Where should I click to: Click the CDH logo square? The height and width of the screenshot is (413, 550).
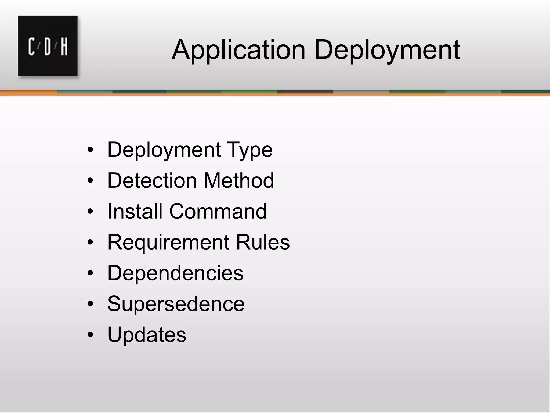(48, 46)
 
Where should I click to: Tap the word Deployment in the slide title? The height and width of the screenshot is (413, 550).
(387, 50)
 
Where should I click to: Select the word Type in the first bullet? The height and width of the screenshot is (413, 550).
(250, 150)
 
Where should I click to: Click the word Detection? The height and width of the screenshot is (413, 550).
(152, 180)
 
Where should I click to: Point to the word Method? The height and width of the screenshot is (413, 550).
(239, 180)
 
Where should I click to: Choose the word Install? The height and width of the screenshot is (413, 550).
(135, 211)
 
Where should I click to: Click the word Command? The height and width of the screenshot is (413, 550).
(218, 211)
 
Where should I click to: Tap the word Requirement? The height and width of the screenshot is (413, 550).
(168, 242)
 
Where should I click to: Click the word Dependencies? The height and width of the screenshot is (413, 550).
(175, 273)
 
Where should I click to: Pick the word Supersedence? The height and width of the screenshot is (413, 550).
(176, 304)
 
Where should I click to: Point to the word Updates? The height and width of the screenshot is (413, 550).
(147, 335)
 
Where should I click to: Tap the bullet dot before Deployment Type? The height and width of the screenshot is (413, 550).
(90, 150)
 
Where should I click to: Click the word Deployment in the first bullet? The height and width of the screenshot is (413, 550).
(164, 150)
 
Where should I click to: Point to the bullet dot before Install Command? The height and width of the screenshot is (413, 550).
(90, 212)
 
